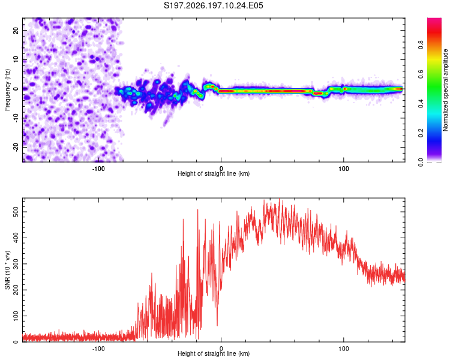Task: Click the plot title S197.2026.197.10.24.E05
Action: pos(213,5)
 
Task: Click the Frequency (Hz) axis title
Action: pos(7,90)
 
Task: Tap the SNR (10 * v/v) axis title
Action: pos(7,270)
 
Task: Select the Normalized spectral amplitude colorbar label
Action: pos(445,90)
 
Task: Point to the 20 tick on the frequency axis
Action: pos(16,30)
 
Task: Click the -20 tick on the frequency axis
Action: pos(16,147)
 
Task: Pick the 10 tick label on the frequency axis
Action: pos(16,59)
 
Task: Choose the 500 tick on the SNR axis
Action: pos(16,212)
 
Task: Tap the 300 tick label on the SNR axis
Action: pos(16,264)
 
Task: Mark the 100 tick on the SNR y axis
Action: pos(16,316)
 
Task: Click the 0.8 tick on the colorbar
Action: pos(421,45)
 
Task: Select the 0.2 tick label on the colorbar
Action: pos(421,133)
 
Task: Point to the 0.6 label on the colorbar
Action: pos(421,74)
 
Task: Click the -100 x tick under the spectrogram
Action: pos(98,169)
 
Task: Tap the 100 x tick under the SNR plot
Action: pos(344,349)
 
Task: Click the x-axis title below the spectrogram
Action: pos(214,173)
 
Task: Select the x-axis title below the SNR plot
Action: pos(214,353)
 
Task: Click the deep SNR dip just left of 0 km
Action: pos(217,325)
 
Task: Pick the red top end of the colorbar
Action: pos(434,20)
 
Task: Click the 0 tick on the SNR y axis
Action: pos(16,341)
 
